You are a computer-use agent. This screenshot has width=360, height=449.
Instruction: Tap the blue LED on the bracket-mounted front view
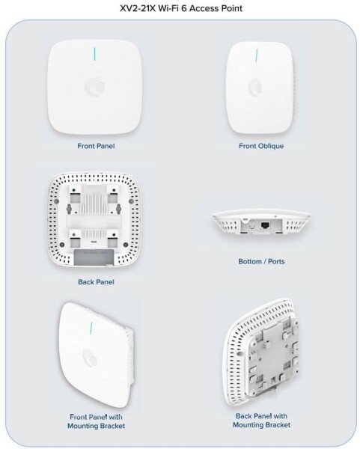(x=92, y=329)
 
